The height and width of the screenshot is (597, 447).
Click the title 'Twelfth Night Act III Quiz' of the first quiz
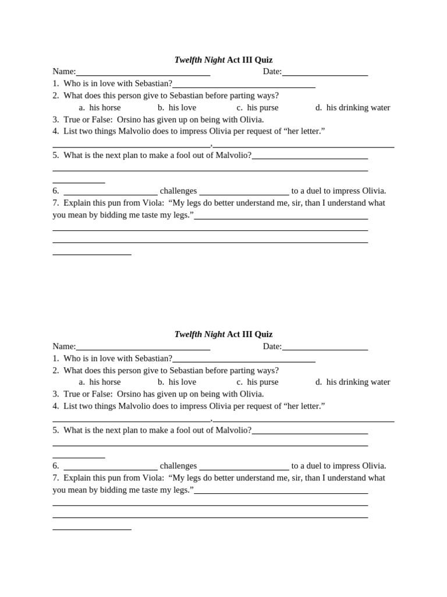[223, 60]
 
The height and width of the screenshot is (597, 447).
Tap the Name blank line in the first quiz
[143, 73]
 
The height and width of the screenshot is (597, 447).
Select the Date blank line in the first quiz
[325, 73]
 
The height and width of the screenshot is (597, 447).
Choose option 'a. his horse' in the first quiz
[100, 108]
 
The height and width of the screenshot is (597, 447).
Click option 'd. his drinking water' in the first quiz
[353, 108]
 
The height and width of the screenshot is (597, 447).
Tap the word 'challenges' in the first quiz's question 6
[178, 191]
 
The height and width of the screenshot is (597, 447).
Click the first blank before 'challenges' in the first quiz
[111, 192]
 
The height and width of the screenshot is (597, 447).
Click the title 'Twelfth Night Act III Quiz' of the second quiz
[223, 335]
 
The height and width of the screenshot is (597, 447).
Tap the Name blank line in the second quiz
[143, 348]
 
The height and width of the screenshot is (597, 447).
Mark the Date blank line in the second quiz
[325, 348]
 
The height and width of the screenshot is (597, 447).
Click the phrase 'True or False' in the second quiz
[88, 394]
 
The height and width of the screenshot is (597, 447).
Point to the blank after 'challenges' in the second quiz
[244, 467]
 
